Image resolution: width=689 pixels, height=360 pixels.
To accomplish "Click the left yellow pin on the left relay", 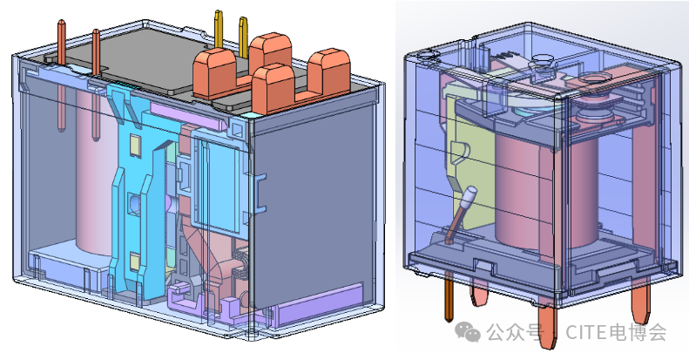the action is coord(219,29).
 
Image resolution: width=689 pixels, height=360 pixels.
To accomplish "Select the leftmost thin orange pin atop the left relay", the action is coord(62,75).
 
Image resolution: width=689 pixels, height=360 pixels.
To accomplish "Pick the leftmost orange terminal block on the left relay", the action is coord(215,73).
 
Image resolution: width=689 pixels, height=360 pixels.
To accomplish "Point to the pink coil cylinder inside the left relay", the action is coord(93,172).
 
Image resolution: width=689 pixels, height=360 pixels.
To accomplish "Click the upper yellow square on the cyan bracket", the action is coord(135,146).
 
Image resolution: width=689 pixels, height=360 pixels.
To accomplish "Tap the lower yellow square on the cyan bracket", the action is coord(135,263).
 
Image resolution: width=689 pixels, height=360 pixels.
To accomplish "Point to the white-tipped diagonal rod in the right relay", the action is coord(460,214).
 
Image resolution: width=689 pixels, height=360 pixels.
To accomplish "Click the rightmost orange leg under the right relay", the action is coord(641,304).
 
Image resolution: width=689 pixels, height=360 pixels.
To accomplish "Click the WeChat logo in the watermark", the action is coord(468,331).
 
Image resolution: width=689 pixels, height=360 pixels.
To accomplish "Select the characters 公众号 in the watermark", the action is coord(515,332).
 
